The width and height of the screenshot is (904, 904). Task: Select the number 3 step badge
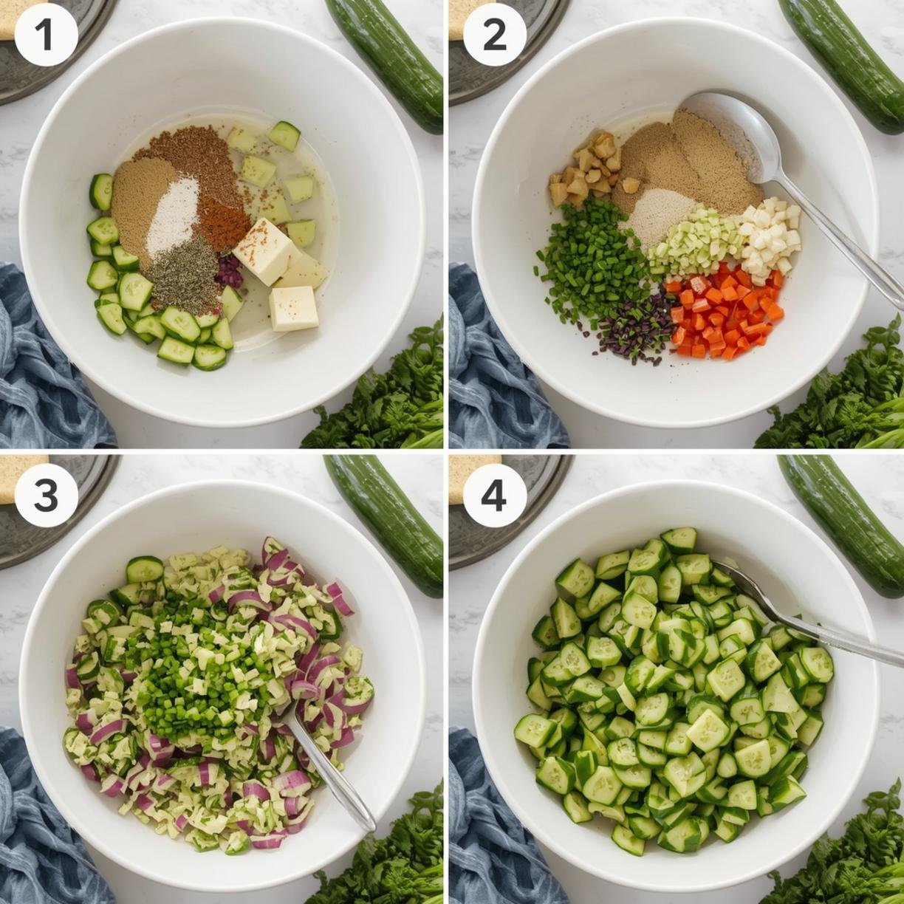[x=46, y=496]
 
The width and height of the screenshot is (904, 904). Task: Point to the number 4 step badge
[x=495, y=496]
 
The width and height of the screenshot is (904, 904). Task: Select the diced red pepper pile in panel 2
[x=725, y=312]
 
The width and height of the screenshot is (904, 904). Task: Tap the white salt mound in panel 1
[x=172, y=216]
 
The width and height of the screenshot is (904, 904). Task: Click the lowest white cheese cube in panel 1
[x=294, y=308]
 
